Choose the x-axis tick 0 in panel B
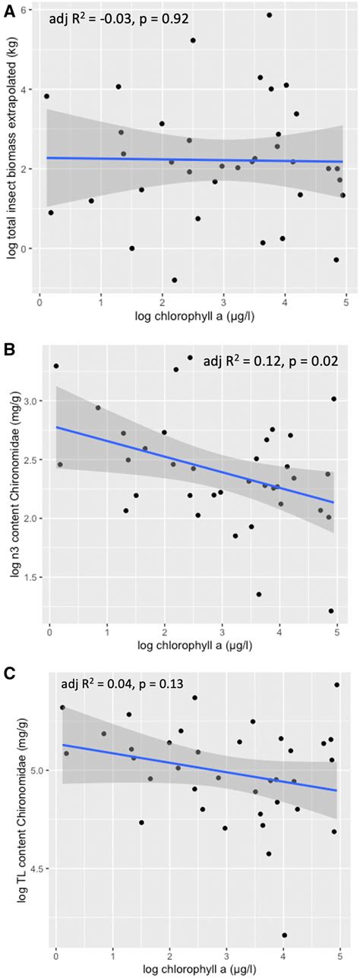(49, 627)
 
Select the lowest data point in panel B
(331, 611)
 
